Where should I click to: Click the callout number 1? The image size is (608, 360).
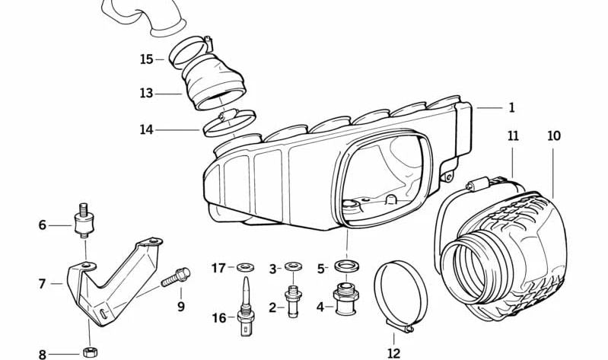[x=512, y=108]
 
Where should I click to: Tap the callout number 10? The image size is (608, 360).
[x=553, y=136]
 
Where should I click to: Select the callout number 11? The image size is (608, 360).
[x=513, y=136]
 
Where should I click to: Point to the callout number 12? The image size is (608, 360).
[x=393, y=352]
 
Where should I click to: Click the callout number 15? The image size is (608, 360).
[x=147, y=59]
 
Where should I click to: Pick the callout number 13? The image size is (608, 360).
[x=146, y=94]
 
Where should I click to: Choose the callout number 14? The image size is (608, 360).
[x=146, y=130]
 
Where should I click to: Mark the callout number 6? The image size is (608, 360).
[x=43, y=225]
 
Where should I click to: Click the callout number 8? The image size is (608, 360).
[x=43, y=354]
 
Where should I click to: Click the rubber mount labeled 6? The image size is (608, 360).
[x=84, y=223]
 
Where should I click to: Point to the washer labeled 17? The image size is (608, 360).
[x=244, y=267]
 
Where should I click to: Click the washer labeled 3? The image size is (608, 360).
[x=292, y=267]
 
